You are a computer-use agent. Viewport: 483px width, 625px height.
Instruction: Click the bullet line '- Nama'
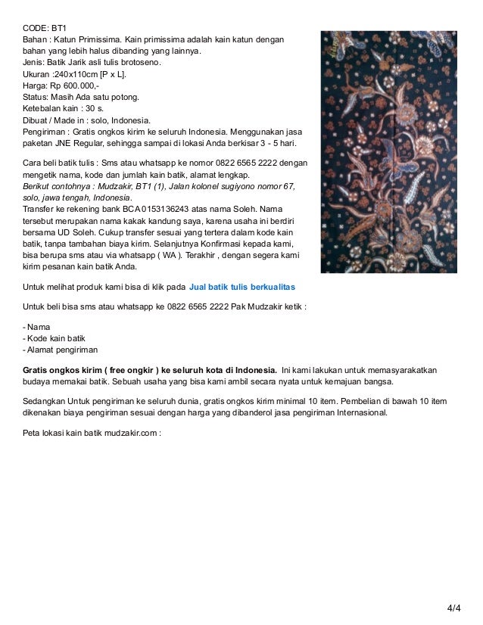tap(37, 326)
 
